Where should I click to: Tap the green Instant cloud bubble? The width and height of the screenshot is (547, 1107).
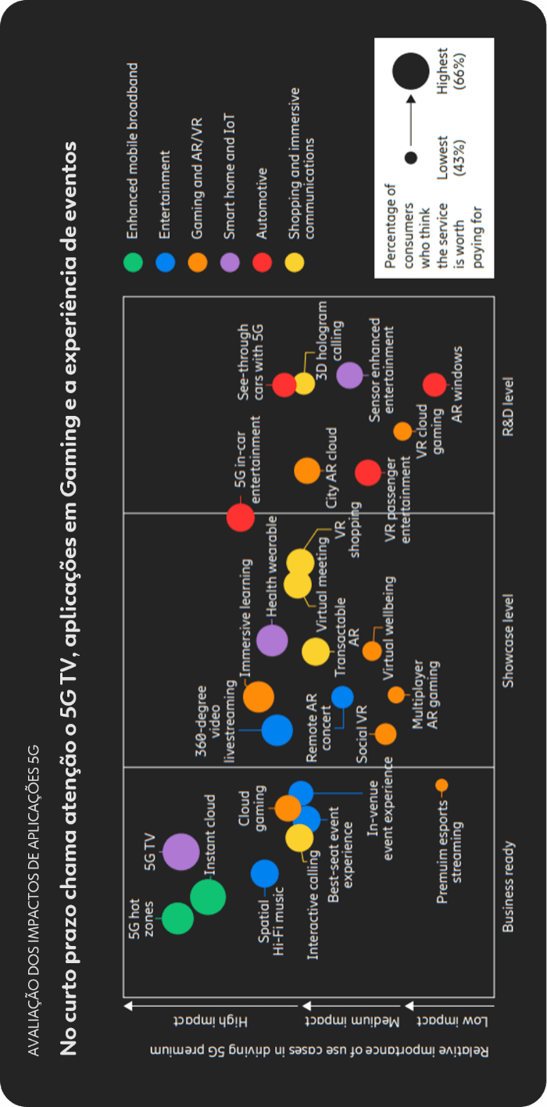[207, 897]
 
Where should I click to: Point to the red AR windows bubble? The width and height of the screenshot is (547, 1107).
[434, 385]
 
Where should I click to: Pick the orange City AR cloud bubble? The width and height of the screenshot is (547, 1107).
[307, 471]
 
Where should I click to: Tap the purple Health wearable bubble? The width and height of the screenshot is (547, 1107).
[272, 640]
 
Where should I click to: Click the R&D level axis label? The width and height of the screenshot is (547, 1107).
[509, 407]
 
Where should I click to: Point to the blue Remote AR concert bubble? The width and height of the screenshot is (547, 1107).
[342, 696]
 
